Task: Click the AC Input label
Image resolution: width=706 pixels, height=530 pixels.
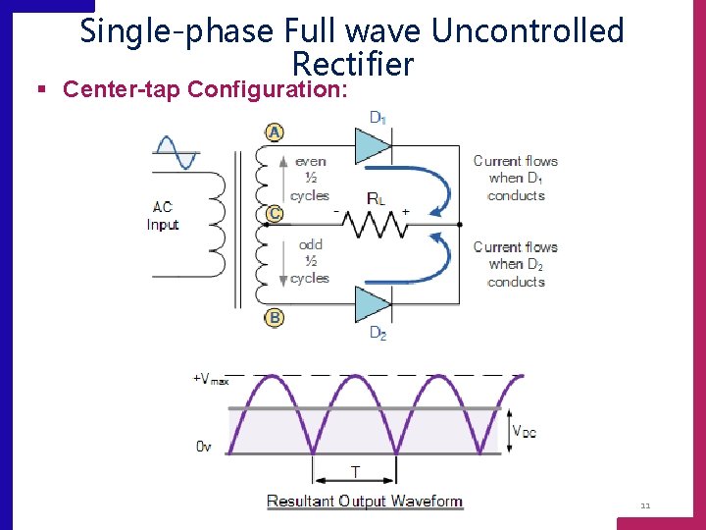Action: [x=163, y=216]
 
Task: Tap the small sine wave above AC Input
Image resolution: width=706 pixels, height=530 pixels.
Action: [x=176, y=154]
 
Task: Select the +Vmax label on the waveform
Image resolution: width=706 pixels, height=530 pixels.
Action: [x=211, y=380]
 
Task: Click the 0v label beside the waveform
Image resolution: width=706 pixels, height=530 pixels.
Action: [x=203, y=446]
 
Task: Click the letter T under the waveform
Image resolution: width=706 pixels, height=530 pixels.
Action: [x=354, y=472]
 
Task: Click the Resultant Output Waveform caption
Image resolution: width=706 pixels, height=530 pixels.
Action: [x=364, y=502]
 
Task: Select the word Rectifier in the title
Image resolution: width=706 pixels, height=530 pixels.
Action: [x=352, y=65]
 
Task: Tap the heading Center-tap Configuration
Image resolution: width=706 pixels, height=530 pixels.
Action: [x=204, y=90]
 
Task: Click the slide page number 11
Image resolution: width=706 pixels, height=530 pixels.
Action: [x=644, y=506]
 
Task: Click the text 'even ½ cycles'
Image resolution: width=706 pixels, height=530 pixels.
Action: [x=310, y=178]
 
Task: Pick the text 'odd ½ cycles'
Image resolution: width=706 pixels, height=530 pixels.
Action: [x=310, y=261]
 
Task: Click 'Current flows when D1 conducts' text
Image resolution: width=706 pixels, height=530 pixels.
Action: [x=516, y=178]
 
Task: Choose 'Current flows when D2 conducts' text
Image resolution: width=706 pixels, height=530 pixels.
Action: [x=516, y=264]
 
